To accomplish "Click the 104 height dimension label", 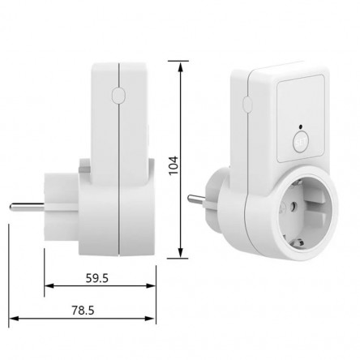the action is (174, 165).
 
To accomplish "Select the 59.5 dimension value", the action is (97, 278).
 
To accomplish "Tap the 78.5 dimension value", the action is (83, 311).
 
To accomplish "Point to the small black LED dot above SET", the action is (300, 126).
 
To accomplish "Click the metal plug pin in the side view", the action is (27, 207).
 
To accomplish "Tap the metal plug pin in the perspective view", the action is (196, 200).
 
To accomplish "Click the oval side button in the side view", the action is (118, 95).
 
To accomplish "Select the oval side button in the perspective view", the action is (247, 105).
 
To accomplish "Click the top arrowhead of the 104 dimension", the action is (181, 66).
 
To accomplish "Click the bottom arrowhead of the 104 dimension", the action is (181, 253).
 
